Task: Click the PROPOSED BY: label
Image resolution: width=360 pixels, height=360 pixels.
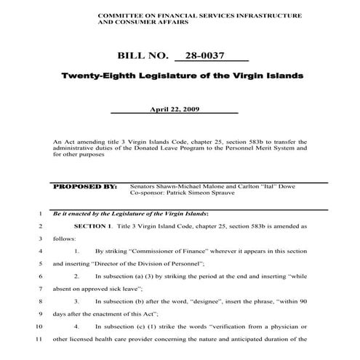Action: pyautogui.click(x=86, y=186)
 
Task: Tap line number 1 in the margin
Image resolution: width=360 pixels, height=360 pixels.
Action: pyautogui.click(x=38, y=214)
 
